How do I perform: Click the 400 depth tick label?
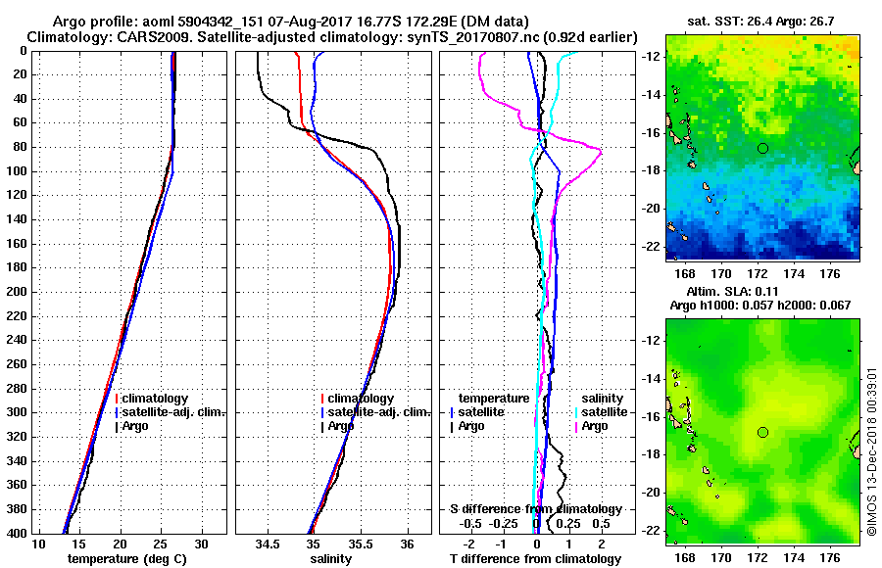coord(15,533)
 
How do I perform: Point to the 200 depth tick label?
coord(15,292)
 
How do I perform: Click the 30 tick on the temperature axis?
coord(202,544)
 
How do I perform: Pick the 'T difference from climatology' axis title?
coord(536,558)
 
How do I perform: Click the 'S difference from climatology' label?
coord(536,509)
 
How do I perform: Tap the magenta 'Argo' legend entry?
coord(594,426)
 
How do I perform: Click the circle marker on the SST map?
coord(763,148)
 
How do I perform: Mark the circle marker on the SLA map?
coord(763,432)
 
